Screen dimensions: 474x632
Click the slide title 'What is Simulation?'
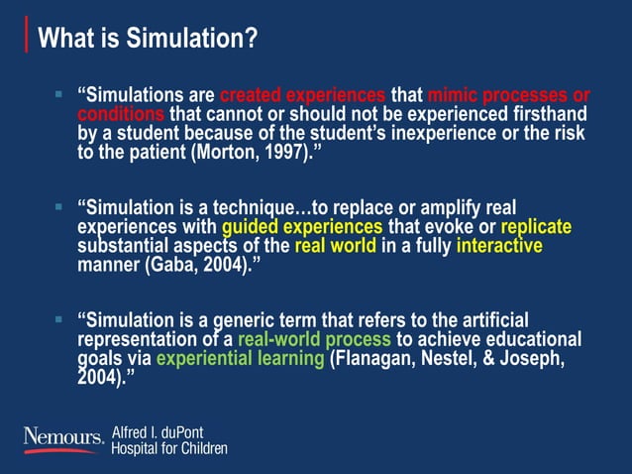coord(148,39)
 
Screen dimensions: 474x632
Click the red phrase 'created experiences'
coord(302,97)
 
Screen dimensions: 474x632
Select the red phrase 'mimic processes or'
coord(508,97)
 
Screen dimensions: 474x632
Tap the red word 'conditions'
coord(114,115)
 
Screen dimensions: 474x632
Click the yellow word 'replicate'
coord(537,227)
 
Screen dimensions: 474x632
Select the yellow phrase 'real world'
coord(334,245)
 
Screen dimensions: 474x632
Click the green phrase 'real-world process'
coord(315,339)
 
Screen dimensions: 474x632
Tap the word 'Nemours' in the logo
coord(61,436)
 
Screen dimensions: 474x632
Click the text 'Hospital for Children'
coord(169,448)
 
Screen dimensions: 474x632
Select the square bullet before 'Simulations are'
coord(59,96)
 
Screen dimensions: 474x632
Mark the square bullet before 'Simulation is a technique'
coord(59,208)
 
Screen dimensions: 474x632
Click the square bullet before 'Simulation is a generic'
coord(59,320)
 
